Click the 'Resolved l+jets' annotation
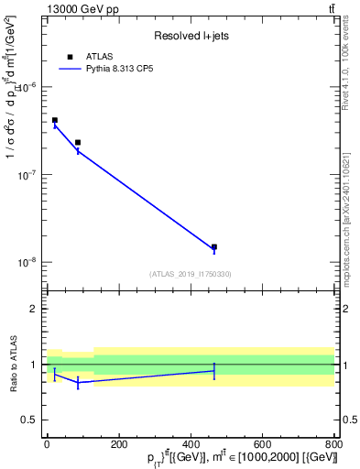pos(191,36)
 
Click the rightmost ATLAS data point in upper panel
pos(214,246)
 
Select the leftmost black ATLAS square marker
pos(55,120)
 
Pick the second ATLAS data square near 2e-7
pos(78,143)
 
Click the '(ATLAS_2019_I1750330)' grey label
pos(191,274)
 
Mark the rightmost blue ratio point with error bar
pos(214,371)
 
